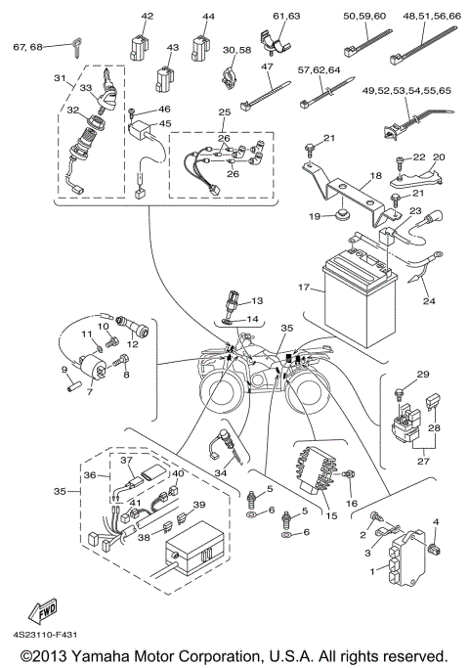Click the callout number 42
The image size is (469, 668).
pyautogui.click(x=148, y=17)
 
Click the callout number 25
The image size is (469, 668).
pyautogui.click(x=224, y=113)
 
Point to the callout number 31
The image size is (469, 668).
pyautogui.click(x=59, y=78)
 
